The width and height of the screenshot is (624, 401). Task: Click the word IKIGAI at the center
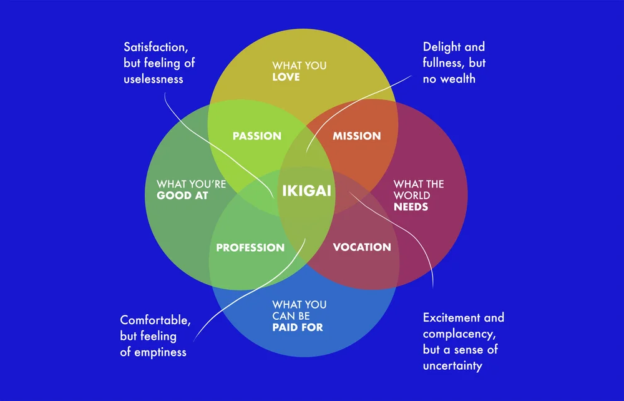point(306,191)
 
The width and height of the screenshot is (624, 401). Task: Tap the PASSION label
point(256,136)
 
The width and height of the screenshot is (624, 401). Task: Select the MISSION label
point(356,136)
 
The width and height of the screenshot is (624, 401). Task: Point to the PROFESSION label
point(250,247)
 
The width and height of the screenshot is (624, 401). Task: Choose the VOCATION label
point(362,247)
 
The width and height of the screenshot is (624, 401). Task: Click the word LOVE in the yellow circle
point(286,77)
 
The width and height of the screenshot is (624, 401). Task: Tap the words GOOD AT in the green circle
point(182,196)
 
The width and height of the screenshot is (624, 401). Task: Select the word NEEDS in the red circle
point(411,206)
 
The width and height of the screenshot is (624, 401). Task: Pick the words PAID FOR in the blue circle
point(298,327)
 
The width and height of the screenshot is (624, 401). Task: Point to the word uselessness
point(154,79)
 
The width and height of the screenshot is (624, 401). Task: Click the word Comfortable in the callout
point(155,320)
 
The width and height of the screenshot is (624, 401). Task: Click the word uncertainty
point(452,366)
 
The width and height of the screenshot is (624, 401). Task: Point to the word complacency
point(454,334)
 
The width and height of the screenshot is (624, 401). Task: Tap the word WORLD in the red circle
point(412,195)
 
